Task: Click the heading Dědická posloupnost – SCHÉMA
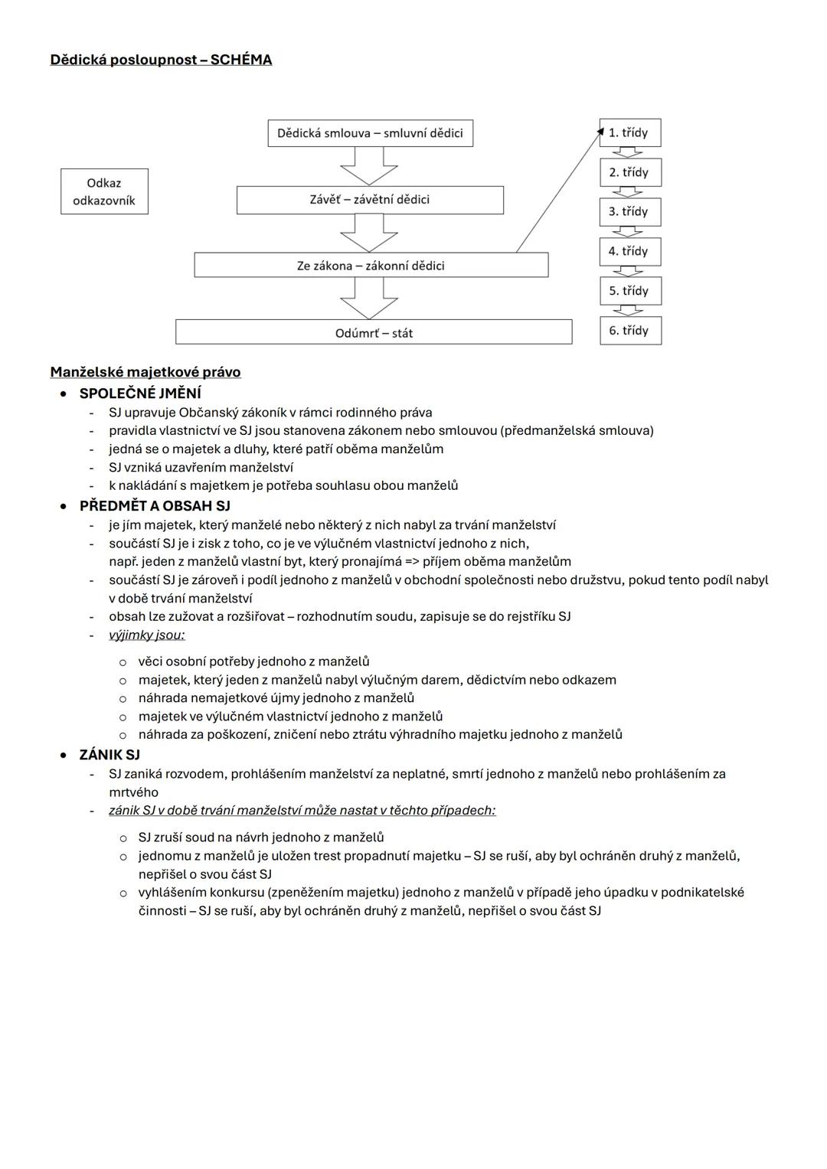[x=161, y=60]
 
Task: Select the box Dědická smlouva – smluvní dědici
[x=370, y=133]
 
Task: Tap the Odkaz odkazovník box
[x=104, y=191]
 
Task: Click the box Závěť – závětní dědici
[x=370, y=200]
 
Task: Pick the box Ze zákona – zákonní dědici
[x=371, y=266]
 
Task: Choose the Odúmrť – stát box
[x=374, y=333]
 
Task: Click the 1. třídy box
[x=629, y=133]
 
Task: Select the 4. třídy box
[x=629, y=251]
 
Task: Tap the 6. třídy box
[x=629, y=331]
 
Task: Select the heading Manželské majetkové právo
[x=145, y=372]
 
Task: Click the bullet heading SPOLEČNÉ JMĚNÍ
[x=140, y=393]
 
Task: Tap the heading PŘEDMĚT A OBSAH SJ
[x=155, y=506]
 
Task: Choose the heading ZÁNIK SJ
[x=110, y=755]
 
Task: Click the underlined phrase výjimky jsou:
[x=146, y=635]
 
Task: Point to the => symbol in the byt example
[x=412, y=562]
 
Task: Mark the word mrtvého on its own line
[x=133, y=792]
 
